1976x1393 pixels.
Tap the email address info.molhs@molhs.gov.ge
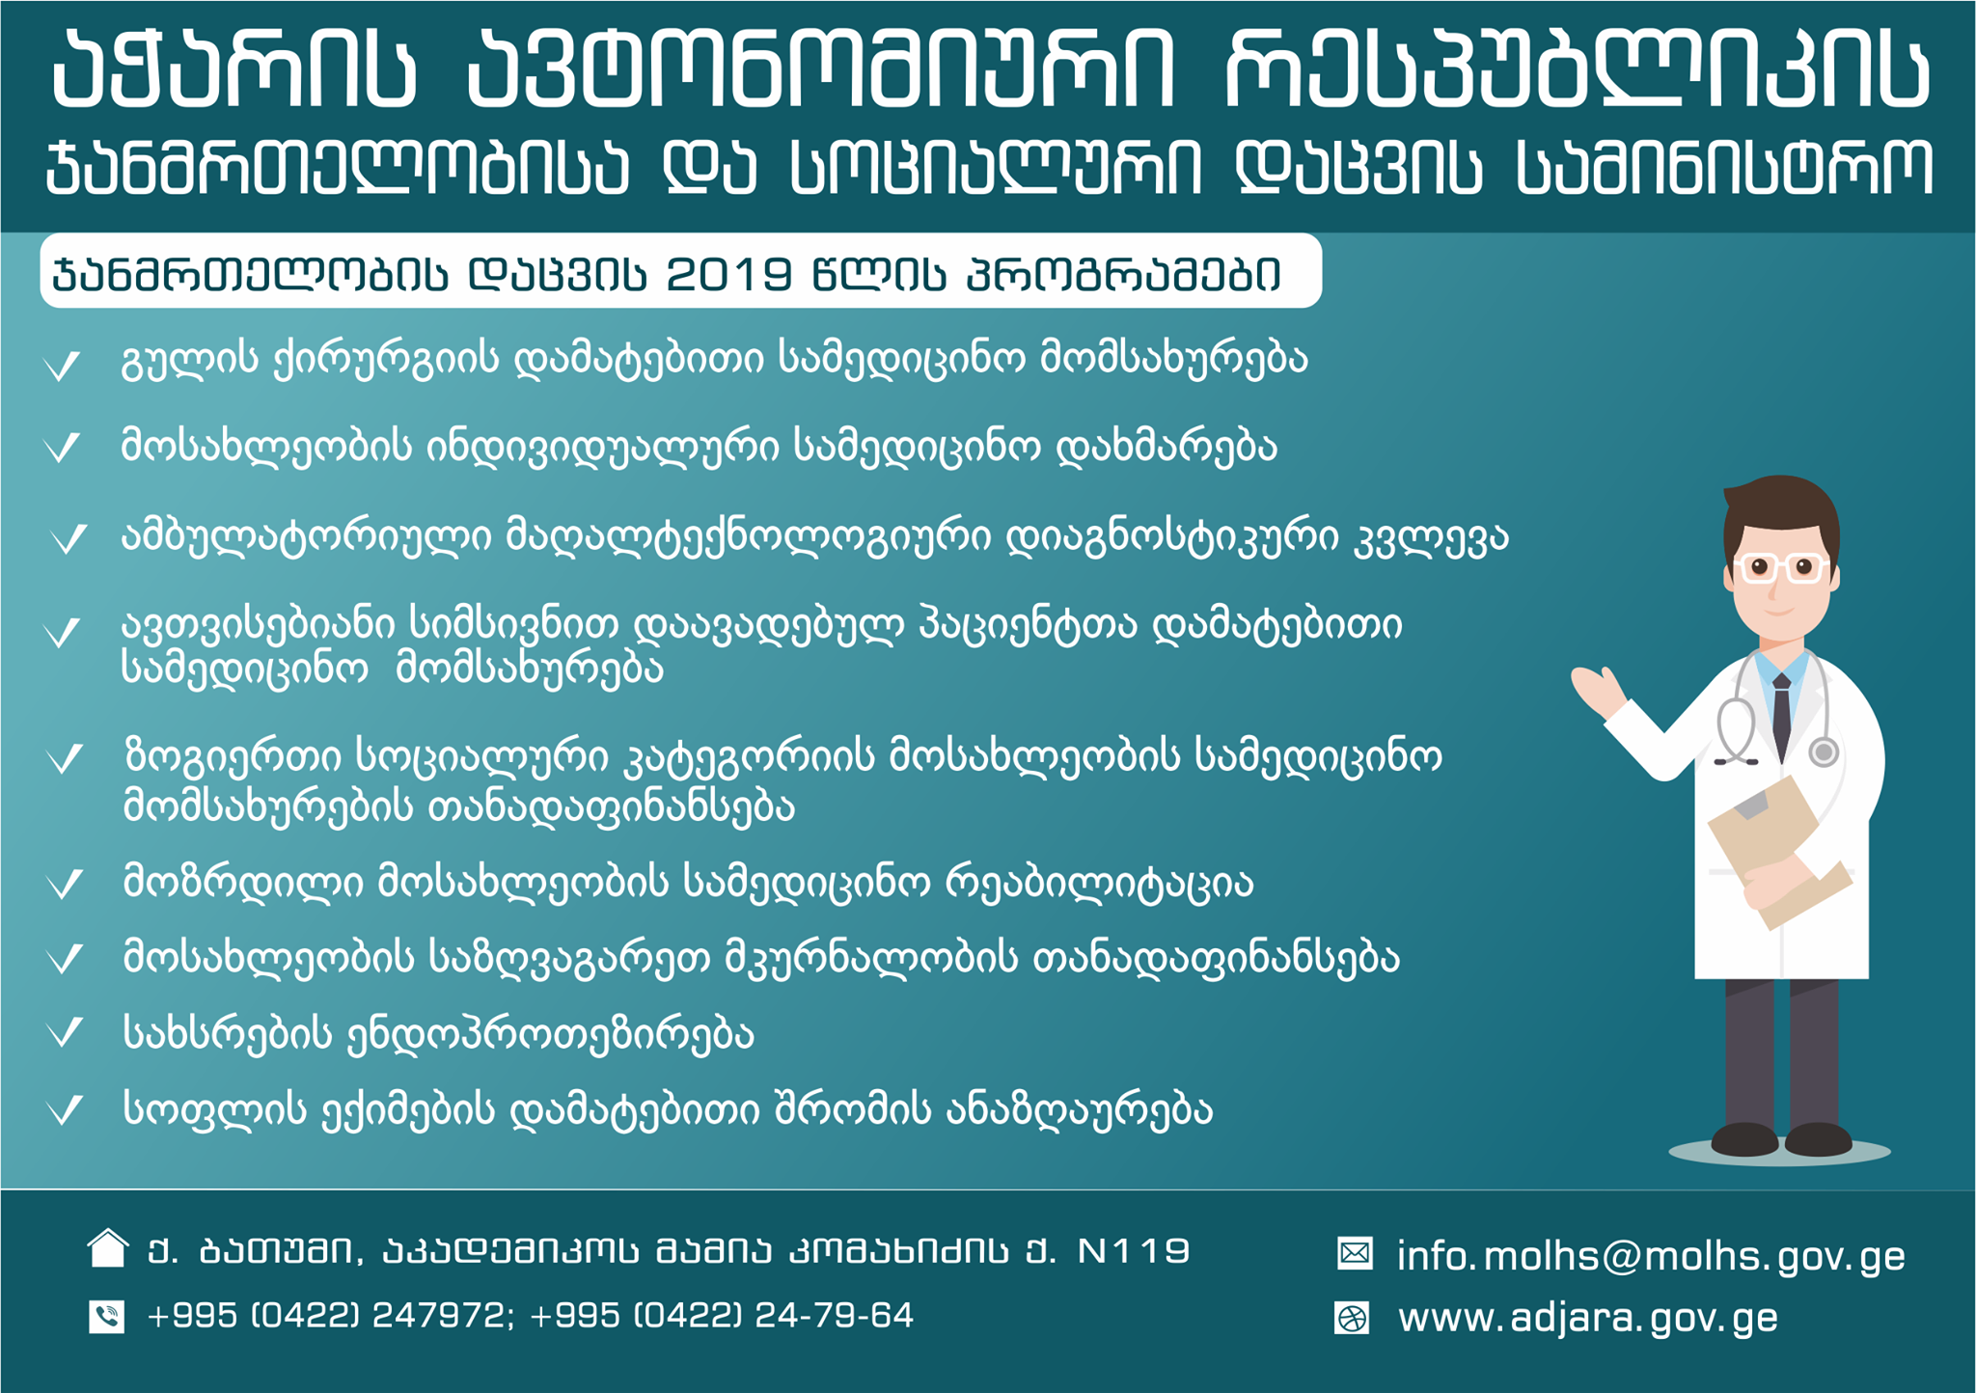pos(1651,1256)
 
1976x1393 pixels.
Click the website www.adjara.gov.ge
pos(1588,1318)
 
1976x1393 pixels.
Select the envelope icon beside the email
pos(1355,1253)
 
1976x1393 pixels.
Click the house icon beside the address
pos(107,1248)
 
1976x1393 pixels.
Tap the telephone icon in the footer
pos(107,1317)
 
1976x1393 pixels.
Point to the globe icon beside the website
pos(1352,1318)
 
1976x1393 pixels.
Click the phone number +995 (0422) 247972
pos(326,1316)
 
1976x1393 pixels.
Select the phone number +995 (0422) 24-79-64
pos(722,1316)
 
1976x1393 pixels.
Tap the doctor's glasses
pos(1780,567)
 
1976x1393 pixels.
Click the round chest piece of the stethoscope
pos(1824,751)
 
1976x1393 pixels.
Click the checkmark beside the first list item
pos(63,366)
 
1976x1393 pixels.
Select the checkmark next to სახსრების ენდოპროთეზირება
pos(66,1032)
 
